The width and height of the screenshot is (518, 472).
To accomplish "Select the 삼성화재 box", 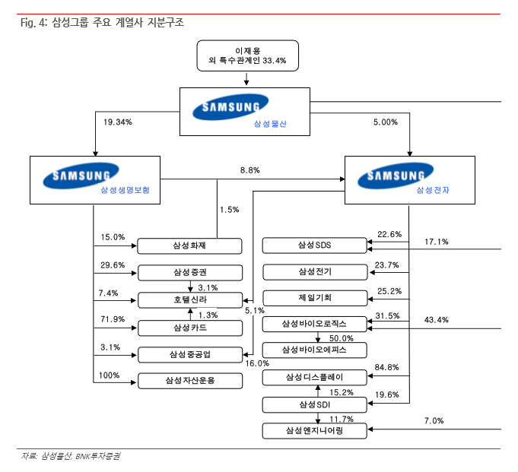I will click(x=189, y=246).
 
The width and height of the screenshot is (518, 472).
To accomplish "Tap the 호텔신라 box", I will click(x=189, y=299).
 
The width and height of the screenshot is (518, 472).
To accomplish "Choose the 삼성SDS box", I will click(x=314, y=246).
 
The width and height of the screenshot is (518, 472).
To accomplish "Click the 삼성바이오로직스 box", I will click(x=314, y=325).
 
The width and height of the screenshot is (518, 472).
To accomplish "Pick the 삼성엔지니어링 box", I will click(x=314, y=431).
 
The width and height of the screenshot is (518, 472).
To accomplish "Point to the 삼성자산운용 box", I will click(x=189, y=380).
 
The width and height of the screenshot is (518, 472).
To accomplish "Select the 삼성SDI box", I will click(x=314, y=404).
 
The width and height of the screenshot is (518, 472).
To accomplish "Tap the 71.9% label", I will click(x=113, y=319).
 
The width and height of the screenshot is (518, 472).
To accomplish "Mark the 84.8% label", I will click(x=389, y=368).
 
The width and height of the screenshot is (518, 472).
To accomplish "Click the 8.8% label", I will click(x=250, y=170).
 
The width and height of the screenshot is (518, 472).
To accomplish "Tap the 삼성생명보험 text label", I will click(x=126, y=190).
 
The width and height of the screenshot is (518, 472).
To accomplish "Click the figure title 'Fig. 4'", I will click(x=33, y=23).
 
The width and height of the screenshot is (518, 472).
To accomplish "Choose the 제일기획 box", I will click(x=314, y=298).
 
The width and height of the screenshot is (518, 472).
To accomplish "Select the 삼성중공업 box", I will click(x=189, y=354).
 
